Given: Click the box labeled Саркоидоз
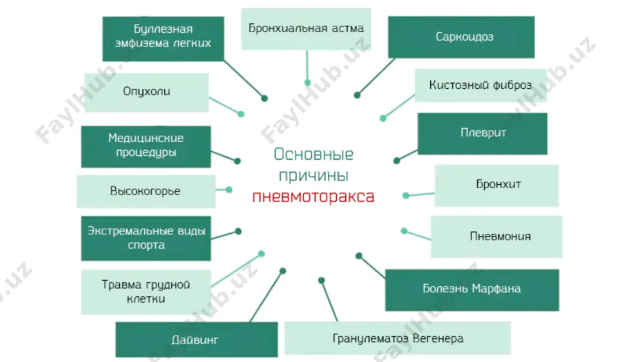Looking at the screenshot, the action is click(461, 37).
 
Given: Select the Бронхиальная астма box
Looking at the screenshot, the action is click(306, 29).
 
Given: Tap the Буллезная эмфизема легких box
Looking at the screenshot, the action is click(163, 39).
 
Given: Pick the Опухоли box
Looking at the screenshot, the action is click(147, 93).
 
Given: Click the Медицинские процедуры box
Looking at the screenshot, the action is click(146, 147).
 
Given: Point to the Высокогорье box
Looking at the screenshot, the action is click(146, 191).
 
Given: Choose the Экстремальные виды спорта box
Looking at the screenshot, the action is click(146, 238).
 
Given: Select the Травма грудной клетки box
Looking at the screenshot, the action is click(146, 292).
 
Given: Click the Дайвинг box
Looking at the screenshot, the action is click(196, 339).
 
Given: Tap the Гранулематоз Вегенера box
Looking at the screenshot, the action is click(397, 338).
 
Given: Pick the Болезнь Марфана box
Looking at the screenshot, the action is click(472, 290).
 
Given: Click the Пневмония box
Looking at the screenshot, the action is click(497, 236).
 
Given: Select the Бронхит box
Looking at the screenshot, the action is click(497, 186).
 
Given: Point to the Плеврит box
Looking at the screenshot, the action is click(482, 133).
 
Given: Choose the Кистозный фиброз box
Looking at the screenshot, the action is click(480, 86).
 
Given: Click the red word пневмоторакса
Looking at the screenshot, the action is click(314, 196).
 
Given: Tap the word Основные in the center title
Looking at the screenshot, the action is click(314, 154).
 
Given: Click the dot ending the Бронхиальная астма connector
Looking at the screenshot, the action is click(308, 83).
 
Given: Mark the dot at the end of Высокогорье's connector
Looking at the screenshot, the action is click(229, 190).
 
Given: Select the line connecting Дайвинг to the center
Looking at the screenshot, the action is click(266, 296).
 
